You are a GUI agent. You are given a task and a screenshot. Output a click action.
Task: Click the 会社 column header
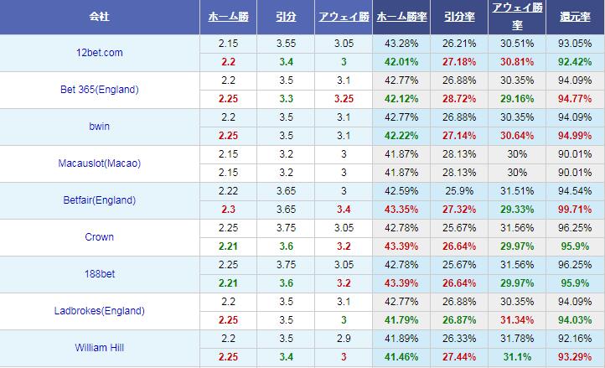(x=100, y=17)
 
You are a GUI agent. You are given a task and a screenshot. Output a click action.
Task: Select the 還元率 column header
(x=574, y=17)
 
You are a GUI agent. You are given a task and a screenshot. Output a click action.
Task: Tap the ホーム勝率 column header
(x=401, y=17)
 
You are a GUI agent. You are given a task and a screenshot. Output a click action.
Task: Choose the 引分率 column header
(x=458, y=17)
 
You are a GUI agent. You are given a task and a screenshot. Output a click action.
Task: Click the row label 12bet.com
(x=100, y=53)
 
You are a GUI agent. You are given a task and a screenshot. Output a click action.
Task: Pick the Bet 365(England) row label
(x=100, y=90)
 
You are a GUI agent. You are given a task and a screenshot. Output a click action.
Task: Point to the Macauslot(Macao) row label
(x=100, y=163)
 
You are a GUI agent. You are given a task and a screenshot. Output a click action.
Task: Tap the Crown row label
(x=100, y=237)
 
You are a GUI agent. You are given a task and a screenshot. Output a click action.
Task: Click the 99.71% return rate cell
(x=574, y=210)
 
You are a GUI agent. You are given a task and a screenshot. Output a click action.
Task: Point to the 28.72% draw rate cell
(x=458, y=99)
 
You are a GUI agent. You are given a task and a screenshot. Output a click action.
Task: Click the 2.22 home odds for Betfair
(x=226, y=191)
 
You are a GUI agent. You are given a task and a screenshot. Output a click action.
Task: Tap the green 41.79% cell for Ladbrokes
(x=401, y=320)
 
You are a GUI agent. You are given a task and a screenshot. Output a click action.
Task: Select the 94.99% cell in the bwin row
(x=574, y=136)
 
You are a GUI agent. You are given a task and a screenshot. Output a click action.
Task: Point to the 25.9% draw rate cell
(x=458, y=191)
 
